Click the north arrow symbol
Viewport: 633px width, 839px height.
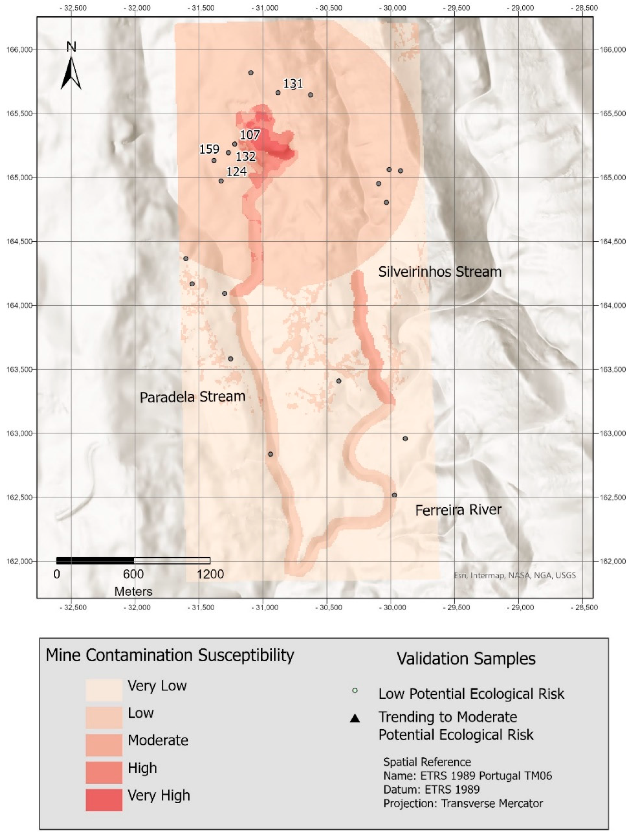pos(71,72)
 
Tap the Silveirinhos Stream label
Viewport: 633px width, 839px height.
pos(439,272)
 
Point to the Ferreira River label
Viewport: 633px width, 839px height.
pos(458,510)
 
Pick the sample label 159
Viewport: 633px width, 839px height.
pos(209,149)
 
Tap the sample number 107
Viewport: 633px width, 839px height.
pos(250,135)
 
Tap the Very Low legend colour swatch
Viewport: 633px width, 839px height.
pos(104,690)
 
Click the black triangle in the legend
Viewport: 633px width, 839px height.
pos(355,718)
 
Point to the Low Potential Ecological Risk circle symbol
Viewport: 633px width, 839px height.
pos(355,690)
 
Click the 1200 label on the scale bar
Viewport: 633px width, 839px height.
pos(210,574)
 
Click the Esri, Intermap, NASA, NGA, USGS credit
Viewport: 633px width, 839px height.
pos(515,575)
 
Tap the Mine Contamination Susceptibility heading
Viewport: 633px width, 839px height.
pos(170,655)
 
